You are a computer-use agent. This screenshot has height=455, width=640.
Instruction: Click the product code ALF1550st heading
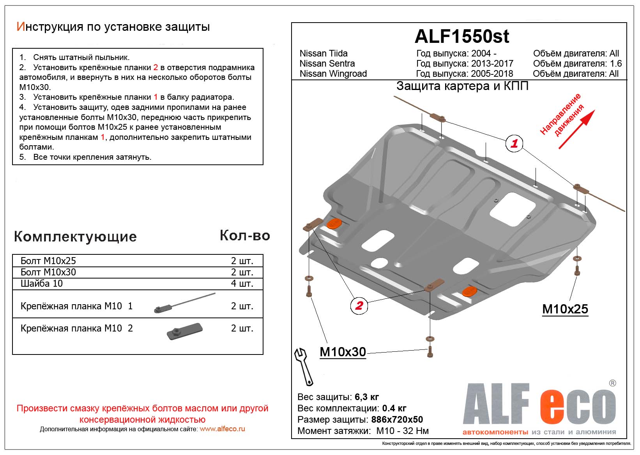(461, 36)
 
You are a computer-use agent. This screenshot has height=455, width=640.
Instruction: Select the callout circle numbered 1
(514, 143)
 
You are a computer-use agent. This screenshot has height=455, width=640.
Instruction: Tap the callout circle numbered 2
(359, 305)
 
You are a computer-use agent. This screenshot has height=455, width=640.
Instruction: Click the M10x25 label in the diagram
(565, 309)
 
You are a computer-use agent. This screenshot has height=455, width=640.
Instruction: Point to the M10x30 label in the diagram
(343, 352)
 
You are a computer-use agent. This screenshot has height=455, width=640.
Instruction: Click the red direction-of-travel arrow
(576, 129)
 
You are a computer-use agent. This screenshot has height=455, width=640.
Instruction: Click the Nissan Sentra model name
(327, 63)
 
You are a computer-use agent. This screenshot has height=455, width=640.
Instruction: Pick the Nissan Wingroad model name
(333, 74)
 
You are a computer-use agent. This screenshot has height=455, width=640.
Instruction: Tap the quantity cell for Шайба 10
(242, 283)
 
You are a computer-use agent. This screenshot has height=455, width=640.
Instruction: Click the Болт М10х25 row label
(48, 261)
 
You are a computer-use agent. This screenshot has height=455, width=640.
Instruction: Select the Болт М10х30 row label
(48, 272)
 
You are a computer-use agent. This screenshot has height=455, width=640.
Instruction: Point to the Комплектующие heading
(75, 236)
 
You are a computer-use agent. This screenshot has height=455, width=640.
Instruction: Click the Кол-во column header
(245, 235)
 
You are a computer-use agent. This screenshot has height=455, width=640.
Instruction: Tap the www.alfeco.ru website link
(222, 429)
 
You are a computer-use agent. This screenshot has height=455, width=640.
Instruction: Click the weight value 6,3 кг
(367, 397)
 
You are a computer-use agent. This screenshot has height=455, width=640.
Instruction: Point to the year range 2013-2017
(492, 63)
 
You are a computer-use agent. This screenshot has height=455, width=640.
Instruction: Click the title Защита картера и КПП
(462, 86)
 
